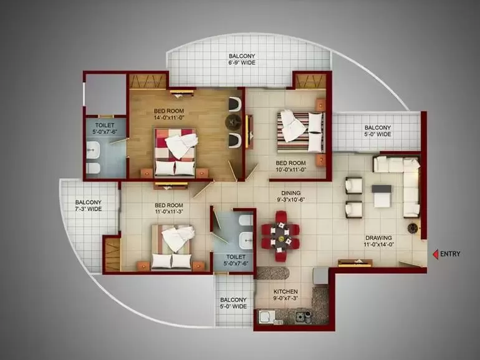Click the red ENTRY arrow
click(x=435, y=254)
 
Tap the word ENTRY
click(x=450, y=254)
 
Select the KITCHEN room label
click(x=286, y=291)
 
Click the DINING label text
click(x=291, y=193)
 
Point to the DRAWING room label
click(x=378, y=238)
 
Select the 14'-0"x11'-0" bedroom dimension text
click(x=169, y=117)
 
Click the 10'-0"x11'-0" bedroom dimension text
click(x=291, y=170)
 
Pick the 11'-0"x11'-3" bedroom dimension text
click(x=169, y=212)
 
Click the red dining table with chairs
click(x=280, y=236)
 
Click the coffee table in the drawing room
click(x=382, y=196)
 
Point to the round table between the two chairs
click(x=234, y=122)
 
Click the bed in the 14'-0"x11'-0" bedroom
click(x=175, y=152)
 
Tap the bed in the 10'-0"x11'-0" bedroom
click(x=300, y=132)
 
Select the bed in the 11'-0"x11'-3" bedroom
click(x=172, y=248)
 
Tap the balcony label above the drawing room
click(x=377, y=131)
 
